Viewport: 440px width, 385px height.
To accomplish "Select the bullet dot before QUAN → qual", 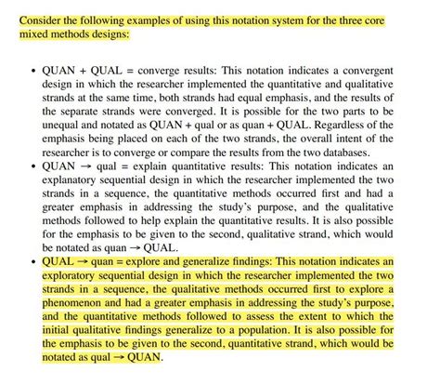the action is (x=33, y=167).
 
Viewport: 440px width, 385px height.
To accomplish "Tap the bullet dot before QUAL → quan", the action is (x=33, y=265).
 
